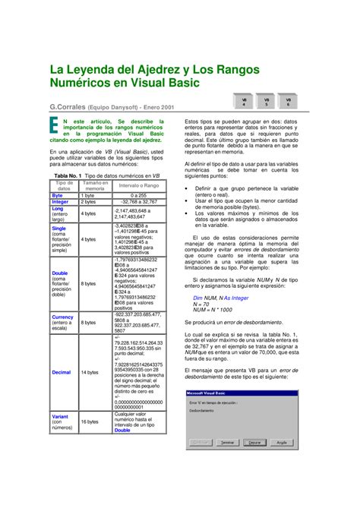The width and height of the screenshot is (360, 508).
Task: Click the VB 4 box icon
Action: click(245, 103)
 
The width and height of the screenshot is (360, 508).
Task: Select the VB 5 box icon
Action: click(267, 103)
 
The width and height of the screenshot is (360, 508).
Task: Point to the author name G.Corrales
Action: click(68, 109)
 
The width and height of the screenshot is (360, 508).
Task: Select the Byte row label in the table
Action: click(58, 195)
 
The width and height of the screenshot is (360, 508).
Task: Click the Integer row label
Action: click(60, 202)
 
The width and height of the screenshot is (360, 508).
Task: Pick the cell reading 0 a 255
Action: click(138, 195)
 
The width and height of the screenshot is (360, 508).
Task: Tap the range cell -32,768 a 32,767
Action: click(138, 202)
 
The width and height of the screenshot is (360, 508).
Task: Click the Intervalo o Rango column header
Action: click(138, 185)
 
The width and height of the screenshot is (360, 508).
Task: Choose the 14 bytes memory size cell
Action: click(90, 373)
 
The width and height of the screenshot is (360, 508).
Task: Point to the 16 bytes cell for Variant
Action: click(90, 421)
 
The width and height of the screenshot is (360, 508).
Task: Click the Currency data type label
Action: click(62, 317)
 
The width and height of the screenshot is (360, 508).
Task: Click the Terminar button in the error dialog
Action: click(226, 441)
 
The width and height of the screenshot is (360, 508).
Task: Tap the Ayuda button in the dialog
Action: click(281, 441)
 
